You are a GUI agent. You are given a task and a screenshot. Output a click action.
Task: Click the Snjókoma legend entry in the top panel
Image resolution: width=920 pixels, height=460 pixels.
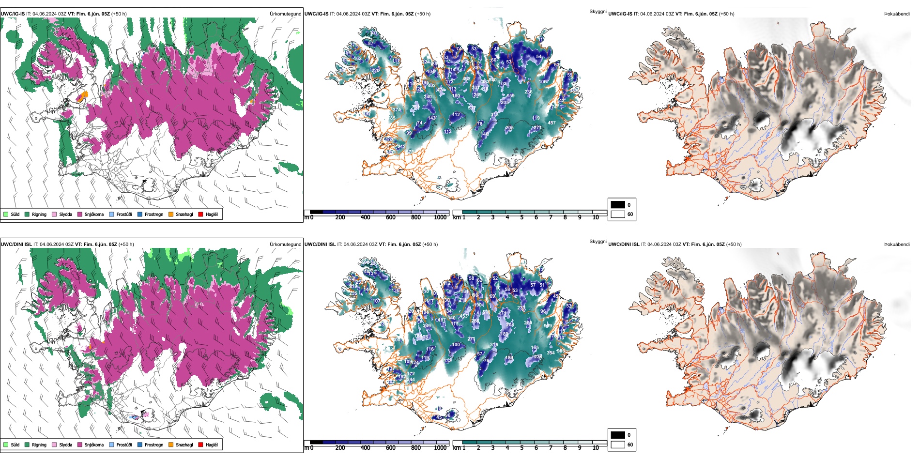click(x=94, y=214)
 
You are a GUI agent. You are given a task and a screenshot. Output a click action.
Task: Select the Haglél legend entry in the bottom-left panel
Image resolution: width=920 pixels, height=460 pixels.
click(x=212, y=445)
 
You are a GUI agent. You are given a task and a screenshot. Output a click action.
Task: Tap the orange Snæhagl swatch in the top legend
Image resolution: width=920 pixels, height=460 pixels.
click(x=171, y=214)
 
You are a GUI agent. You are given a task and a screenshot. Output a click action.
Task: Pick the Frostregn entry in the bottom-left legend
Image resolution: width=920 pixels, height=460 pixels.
click(x=154, y=445)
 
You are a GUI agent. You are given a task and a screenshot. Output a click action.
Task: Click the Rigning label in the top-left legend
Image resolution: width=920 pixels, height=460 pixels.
click(x=39, y=214)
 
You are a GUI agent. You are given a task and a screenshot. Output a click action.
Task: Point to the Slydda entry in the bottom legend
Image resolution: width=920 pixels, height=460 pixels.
click(x=65, y=445)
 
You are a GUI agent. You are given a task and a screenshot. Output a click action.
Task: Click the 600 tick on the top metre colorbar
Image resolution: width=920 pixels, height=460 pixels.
click(x=391, y=217)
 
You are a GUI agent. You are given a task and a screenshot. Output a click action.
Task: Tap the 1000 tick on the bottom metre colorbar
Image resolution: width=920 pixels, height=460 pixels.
click(x=440, y=448)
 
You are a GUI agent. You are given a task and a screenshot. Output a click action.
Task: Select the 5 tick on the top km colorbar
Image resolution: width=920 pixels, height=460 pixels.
click(x=522, y=217)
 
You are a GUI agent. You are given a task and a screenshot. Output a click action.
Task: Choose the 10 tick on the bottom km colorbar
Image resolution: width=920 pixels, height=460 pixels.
click(x=596, y=448)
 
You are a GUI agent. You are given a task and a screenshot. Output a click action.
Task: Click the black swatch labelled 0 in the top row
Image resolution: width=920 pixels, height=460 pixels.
click(x=618, y=205)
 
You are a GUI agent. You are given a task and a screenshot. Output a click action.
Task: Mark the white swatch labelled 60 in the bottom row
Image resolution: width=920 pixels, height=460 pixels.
click(x=618, y=445)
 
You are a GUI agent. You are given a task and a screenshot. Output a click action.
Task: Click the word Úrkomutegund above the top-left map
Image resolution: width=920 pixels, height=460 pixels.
click(x=285, y=14)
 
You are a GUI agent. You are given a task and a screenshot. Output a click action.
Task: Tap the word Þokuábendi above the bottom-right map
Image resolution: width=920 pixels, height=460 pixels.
click(x=897, y=245)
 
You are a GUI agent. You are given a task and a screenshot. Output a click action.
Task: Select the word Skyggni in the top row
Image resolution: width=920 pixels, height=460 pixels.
click(x=598, y=11)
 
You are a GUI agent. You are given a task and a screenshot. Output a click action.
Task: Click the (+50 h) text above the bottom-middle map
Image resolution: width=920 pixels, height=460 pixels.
click(x=430, y=245)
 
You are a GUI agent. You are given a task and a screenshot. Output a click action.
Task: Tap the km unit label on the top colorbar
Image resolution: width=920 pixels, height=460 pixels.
click(x=457, y=217)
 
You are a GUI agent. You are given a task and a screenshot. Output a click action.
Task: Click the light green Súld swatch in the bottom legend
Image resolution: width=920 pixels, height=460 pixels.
click(x=6, y=445)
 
